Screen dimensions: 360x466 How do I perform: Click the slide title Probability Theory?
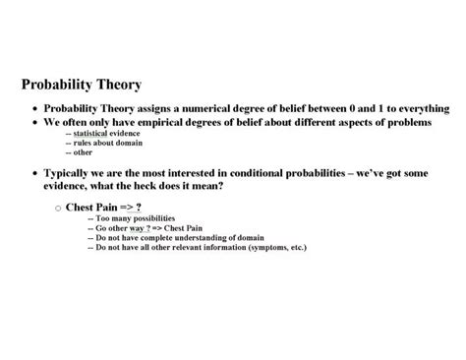tap(82, 86)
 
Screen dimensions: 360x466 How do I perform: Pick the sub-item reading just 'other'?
tap(78, 152)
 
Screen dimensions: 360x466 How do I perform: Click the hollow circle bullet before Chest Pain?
tap(58, 208)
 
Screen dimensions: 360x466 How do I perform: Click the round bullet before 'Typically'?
tap(35, 173)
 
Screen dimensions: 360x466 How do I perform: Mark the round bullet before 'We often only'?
tap(35, 123)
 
